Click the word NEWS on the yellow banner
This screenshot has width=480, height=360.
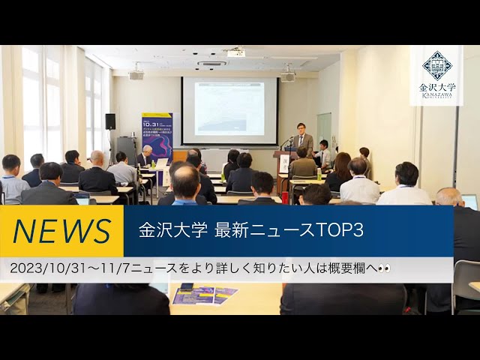61,231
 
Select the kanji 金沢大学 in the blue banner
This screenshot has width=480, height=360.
172,231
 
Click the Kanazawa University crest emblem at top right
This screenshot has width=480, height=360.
436,65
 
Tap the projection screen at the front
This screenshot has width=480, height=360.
229,110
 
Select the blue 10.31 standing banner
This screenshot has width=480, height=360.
157,135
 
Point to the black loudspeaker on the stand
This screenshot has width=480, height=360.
110,121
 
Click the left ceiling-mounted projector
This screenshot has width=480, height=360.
136,74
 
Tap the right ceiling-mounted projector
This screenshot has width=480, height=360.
288,75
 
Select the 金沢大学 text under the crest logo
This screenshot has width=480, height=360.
436,88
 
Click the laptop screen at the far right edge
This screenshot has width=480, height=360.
469,201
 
